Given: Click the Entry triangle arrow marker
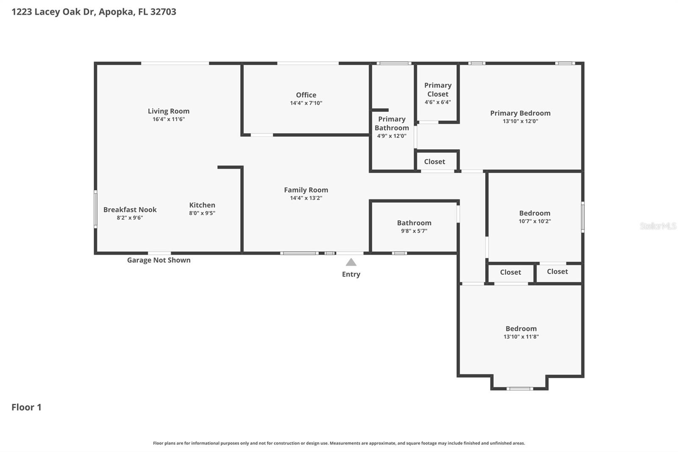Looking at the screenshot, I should tap(351, 262).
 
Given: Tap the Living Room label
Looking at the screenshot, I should tap(169, 111).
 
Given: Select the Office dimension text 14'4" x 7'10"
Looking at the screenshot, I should tap(306, 103).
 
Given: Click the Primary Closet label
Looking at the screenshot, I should tap(438, 89).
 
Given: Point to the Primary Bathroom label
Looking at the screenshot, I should tap(392, 123).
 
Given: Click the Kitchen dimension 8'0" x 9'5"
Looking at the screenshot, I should tap(202, 213).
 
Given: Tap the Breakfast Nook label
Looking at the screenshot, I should tap(130, 209).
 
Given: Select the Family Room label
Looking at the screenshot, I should tap(306, 190).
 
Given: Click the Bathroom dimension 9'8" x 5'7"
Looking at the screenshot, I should tap(414, 231).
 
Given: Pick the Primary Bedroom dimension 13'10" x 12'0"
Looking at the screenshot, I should tap(520, 121).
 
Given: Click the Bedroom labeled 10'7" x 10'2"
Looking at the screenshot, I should tap(535, 213).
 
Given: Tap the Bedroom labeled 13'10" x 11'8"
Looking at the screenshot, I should tap(521, 329).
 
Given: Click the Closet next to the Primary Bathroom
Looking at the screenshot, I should tap(434, 162).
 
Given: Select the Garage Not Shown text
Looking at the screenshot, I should tap(159, 260).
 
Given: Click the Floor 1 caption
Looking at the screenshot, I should tap(26, 407).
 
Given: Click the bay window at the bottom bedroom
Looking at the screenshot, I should tap(520, 388).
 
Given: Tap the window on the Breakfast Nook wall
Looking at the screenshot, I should tap(96, 209).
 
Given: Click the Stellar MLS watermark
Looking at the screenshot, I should tap(658, 226).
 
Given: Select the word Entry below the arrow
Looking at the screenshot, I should tap(351, 274).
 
